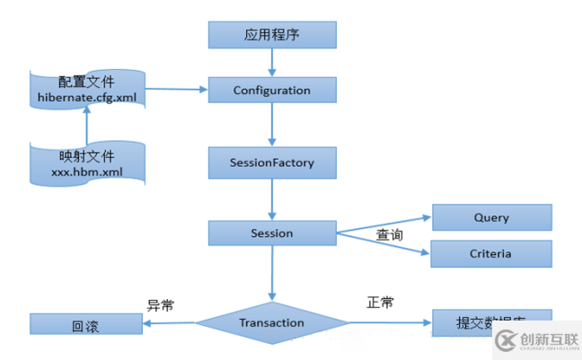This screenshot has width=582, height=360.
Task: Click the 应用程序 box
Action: click(x=272, y=36)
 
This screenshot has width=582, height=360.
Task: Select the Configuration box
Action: click(x=272, y=90)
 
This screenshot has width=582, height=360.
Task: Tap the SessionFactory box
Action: click(x=272, y=162)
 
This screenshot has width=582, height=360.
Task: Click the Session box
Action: click(x=272, y=233)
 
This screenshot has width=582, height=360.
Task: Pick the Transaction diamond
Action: click(x=272, y=322)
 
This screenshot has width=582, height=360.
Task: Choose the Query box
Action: click(x=491, y=217)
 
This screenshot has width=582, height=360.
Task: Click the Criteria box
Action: click(x=491, y=254)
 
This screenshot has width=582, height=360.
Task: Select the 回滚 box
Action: click(x=84, y=325)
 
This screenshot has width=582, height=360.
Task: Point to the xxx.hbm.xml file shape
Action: click(x=87, y=162)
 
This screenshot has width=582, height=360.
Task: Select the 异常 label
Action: click(x=160, y=305)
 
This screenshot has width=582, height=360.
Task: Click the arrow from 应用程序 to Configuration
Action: click(x=272, y=63)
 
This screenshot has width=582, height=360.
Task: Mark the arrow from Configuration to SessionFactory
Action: click(x=272, y=126)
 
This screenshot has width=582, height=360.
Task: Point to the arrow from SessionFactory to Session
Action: click(x=272, y=198)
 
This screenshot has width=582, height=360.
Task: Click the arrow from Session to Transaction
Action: click(x=272, y=274)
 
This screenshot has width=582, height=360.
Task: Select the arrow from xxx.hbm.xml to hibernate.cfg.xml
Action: click(x=87, y=126)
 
